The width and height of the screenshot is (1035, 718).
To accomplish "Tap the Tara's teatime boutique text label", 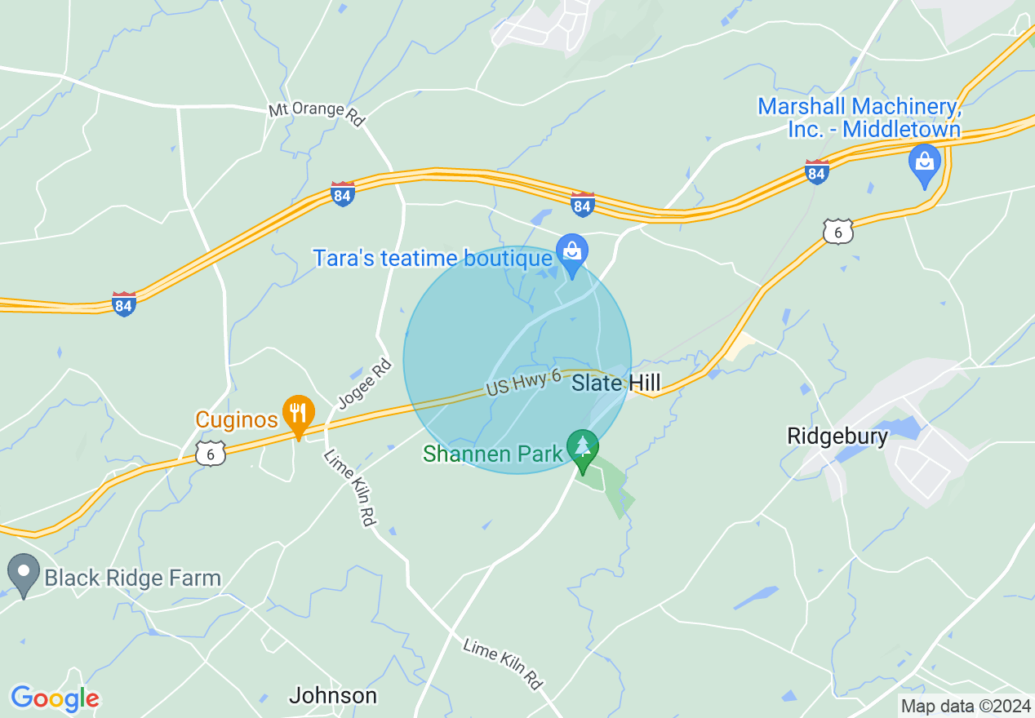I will pos(433,259).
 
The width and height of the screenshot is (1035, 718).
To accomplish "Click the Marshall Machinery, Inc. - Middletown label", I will pos(859,117).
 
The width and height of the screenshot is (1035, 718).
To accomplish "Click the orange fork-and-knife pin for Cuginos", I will pos(299,414).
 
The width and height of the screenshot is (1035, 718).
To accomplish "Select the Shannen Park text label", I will pos(493,454).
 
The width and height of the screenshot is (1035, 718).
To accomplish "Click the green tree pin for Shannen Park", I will pos(583,450).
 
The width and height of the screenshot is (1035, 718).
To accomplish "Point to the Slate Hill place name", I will pos(615,383).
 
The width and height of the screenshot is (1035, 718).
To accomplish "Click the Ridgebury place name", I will pos(837,437).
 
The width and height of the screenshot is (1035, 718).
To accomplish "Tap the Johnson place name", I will pos(333,696).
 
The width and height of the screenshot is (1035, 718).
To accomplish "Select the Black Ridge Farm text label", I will pos(132,578).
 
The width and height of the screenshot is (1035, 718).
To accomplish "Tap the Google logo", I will pos(55,698).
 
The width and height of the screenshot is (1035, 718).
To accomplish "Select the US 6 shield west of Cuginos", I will pos(211,454).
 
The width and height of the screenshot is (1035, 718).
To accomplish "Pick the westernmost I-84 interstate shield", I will pos(123,304).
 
